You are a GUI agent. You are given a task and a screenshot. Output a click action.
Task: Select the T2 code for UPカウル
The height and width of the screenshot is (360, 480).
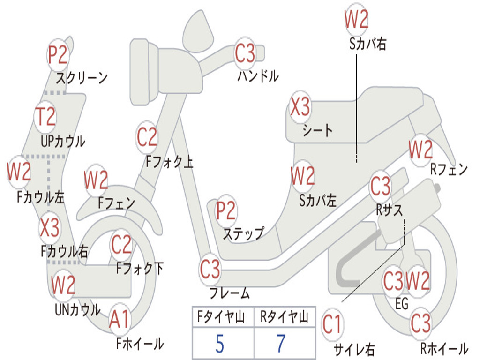click(x=45, y=117)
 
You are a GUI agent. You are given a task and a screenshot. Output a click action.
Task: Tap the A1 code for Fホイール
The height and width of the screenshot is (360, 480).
click(x=120, y=319)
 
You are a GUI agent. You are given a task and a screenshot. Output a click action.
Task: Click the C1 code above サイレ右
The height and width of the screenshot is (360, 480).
click(x=332, y=324)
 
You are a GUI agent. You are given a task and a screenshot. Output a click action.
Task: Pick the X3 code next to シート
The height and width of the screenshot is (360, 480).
click(x=300, y=106)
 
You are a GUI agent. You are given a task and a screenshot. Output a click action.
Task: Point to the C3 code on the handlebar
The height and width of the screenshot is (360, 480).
click(x=245, y=52)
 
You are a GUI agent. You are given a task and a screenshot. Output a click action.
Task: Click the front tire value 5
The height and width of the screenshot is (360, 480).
click(x=220, y=344)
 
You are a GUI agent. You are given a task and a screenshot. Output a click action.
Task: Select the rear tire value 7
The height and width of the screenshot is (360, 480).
click(x=281, y=344)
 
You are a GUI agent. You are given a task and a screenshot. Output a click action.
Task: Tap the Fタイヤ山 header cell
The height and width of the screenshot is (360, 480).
click(x=223, y=317)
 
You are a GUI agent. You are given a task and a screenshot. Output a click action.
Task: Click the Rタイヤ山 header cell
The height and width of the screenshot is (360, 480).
click(x=285, y=317)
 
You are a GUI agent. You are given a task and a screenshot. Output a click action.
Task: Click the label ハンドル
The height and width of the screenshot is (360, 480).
click(x=258, y=76)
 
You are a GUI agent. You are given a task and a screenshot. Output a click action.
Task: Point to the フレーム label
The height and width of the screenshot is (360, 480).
click(x=230, y=293)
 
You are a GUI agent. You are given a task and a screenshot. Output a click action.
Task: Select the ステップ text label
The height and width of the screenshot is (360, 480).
click(x=243, y=234)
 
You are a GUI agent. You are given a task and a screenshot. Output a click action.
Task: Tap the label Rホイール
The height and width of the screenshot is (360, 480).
click(x=444, y=348)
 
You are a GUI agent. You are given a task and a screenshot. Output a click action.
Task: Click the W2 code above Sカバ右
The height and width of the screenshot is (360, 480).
click(x=356, y=19)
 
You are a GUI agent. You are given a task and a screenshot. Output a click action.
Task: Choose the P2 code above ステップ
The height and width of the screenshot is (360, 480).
click(x=226, y=210)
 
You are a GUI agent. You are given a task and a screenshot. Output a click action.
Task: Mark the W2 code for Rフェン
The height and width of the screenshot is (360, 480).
click(x=420, y=150)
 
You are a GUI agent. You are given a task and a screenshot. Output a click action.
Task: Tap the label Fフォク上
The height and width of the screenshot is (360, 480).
click(x=170, y=161)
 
